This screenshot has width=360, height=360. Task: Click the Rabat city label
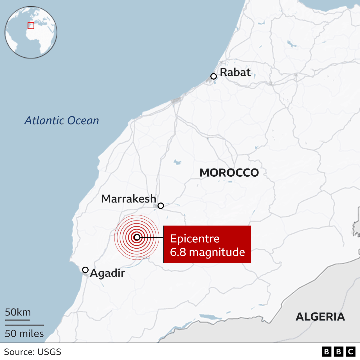point(235,72)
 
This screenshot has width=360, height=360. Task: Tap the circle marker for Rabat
point(213,76)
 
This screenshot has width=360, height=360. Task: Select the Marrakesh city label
point(129,199)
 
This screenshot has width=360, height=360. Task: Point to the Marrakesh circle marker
point(161,206)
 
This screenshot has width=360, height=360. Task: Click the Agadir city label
point(107,273)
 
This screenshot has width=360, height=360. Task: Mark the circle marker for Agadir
point(85,270)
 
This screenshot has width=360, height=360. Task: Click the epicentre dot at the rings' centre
point(137,237)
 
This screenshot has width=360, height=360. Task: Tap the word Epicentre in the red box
point(195,239)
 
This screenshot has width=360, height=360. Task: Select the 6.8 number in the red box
point(178,252)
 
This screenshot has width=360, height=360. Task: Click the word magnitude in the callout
point(217,252)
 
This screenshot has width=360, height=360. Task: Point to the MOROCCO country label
point(229,173)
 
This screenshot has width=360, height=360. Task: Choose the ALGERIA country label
point(320,317)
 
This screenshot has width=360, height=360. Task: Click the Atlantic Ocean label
point(62,120)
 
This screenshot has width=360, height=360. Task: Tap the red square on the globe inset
point(31,26)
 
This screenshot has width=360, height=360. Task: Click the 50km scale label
point(18,312)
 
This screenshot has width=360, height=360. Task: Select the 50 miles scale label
point(24,334)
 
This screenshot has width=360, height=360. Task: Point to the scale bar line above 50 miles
point(24,325)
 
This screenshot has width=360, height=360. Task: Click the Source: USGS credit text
point(33,352)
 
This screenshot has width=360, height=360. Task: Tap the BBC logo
point(338,352)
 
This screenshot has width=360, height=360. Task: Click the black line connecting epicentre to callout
point(152,237)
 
